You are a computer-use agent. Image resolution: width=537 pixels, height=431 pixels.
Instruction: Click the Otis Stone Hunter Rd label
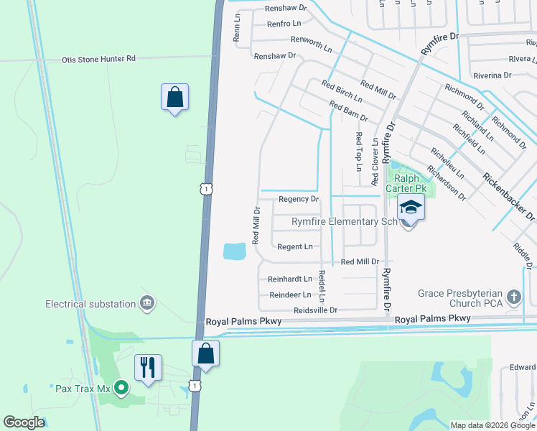tap(98, 59)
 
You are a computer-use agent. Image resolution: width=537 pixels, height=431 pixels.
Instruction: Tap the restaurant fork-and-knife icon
tap(148, 368)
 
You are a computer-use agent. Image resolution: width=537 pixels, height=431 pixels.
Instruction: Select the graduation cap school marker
tap(411, 208)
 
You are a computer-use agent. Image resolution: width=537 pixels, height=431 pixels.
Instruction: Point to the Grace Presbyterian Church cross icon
tap(513, 297)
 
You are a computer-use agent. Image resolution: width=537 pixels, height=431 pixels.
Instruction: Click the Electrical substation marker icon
tap(147, 304)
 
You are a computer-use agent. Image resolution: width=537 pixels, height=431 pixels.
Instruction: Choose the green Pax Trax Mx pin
tap(121, 389)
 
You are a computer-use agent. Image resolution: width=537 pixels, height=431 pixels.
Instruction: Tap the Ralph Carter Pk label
tap(407, 183)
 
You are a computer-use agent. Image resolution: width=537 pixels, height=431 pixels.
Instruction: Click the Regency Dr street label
tap(298, 199)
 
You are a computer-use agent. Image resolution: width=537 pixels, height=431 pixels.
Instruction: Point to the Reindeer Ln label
tap(290, 295)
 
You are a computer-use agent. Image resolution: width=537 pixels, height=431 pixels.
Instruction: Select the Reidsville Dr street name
tap(315, 310)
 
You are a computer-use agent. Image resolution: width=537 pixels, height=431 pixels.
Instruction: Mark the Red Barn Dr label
tap(348, 112)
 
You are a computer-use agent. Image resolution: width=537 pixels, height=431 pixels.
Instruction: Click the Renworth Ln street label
tap(312, 45)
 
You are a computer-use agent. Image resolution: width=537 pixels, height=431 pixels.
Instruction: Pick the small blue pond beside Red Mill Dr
tap(234, 251)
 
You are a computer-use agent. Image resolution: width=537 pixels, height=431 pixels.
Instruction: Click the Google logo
tap(24, 422)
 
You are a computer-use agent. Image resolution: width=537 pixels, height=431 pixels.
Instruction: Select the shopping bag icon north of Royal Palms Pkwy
tap(174, 97)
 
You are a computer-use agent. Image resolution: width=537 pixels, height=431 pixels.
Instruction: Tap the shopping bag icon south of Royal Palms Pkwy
tap(205, 353)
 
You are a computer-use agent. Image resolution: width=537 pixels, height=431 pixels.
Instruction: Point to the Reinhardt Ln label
tap(290, 279)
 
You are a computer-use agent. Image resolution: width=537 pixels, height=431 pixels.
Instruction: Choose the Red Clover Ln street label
tap(375, 162)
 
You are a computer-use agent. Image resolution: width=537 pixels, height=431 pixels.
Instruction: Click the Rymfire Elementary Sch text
tap(344, 222)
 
